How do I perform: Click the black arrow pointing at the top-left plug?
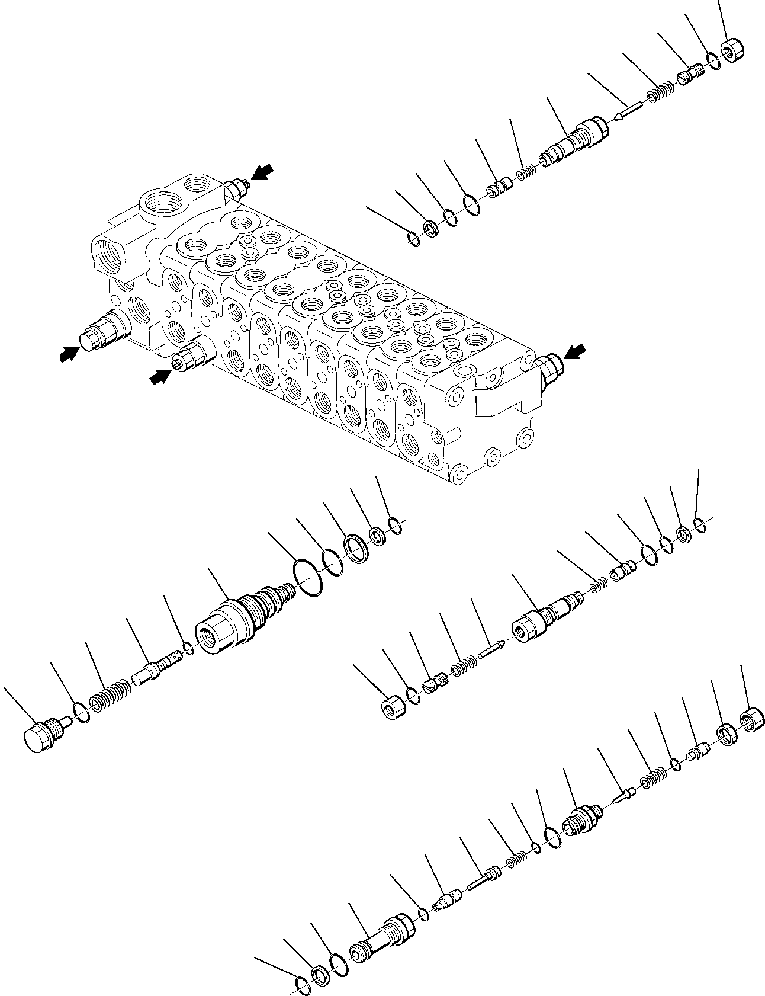[x=262, y=172]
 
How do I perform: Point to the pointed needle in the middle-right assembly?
[x=489, y=649]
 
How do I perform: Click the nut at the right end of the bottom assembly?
[x=754, y=719]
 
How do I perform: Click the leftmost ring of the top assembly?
[x=414, y=239]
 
